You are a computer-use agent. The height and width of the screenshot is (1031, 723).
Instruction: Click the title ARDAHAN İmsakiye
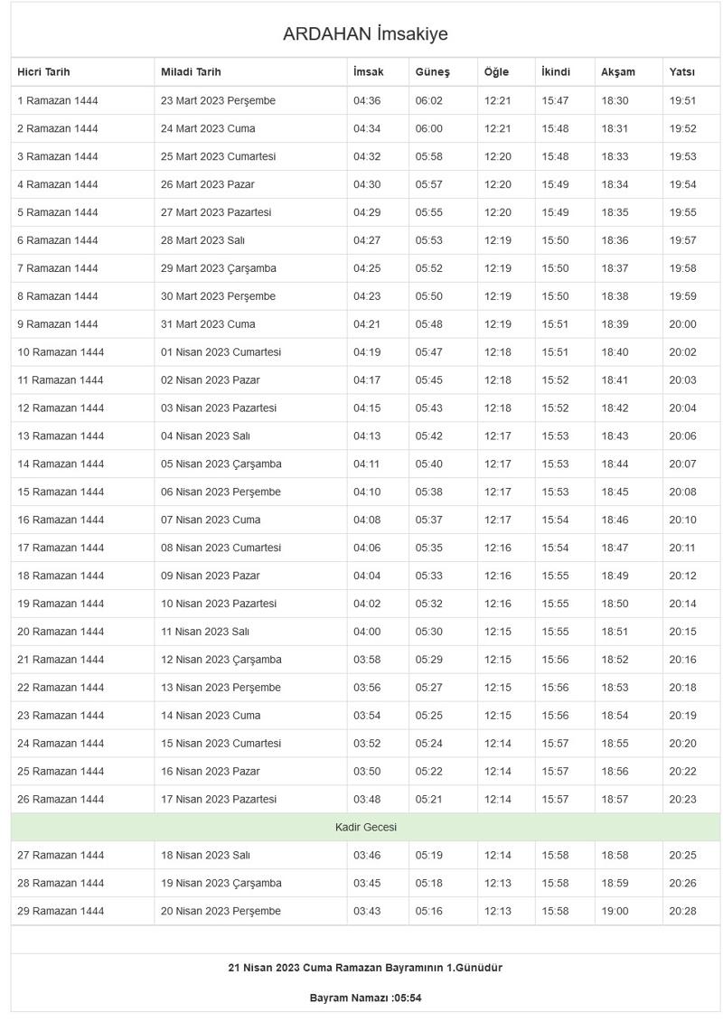pyautogui.click(x=365, y=34)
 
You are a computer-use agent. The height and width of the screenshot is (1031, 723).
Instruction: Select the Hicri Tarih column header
pyautogui.click(x=43, y=72)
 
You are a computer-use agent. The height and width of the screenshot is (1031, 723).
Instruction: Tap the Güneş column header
pyautogui.click(x=432, y=72)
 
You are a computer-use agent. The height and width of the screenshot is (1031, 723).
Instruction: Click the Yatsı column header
pyautogui.click(x=682, y=72)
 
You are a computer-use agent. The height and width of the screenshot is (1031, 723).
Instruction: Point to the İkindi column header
pyautogui.click(x=556, y=72)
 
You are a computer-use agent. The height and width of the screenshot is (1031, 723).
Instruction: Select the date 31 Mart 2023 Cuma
pyautogui.click(x=208, y=324)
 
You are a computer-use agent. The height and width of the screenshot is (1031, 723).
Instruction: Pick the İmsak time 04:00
pyautogui.click(x=367, y=632)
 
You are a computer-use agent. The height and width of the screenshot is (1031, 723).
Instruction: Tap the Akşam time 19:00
pyautogui.click(x=615, y=911)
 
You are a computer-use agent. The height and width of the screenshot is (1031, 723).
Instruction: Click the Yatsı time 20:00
pyautogui.click(x=682, y=324)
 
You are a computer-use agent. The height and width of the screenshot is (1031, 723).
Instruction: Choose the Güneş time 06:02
pyautogui.click(x=429, y=101)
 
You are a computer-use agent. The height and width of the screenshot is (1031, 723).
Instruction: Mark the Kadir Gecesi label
pyautogui.click(x=365, y=827)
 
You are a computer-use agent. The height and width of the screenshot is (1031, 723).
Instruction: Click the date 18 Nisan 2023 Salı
pyautogui.click(x=205, y=855)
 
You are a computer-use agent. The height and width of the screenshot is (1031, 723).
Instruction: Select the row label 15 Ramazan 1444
pyautogui.click(x=61, y=492)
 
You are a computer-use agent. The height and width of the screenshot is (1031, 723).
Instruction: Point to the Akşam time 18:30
pyautogui.click(x=615, y=101)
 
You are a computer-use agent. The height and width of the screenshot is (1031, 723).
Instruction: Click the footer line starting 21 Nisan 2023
pyautogui.click(x=365, y=968)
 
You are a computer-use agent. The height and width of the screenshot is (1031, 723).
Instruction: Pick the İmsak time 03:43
pyautogui.click(x=367, y=911)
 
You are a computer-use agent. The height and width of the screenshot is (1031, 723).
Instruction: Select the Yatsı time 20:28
pyautogui.click(x=682, y=911)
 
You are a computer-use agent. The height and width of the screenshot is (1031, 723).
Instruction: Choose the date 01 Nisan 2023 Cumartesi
pyautogui.click(x=221, y=352)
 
